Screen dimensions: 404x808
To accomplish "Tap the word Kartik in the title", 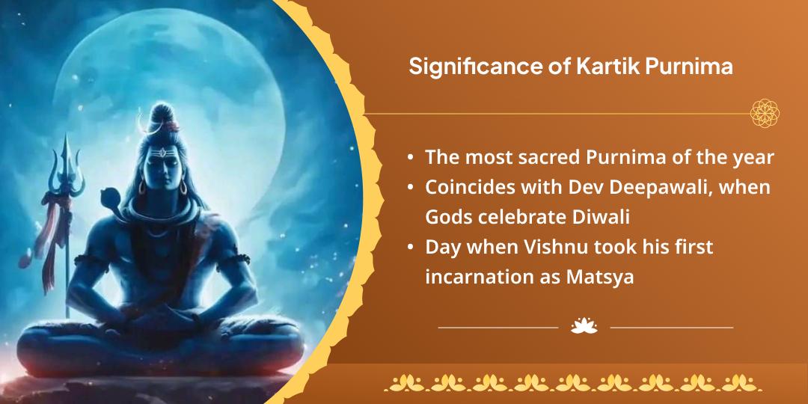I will (603, 67).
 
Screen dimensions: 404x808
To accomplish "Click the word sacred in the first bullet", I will (557, 158).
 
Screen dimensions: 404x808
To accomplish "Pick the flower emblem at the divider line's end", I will (765, 113).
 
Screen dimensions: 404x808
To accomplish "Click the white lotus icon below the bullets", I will (584, 326).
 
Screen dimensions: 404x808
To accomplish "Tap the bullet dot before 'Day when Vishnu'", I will (411, 248).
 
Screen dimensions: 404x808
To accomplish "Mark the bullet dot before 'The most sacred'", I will (411, 158).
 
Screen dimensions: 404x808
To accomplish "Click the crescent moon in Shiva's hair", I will (140, 120).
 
